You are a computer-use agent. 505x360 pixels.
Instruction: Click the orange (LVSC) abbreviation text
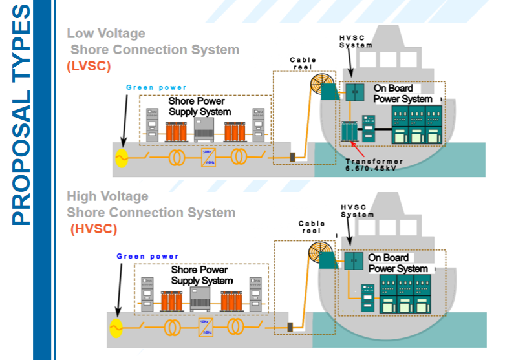[89, 66]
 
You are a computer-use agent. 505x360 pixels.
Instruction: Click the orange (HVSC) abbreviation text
[93, 229]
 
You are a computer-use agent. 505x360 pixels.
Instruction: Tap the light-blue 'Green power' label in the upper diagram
[156, 87]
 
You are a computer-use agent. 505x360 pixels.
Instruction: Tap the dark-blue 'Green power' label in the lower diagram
[147, 257]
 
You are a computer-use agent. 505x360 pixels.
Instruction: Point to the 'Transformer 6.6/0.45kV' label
[374, 165]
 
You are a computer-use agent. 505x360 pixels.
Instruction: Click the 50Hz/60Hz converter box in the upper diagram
[208, 158]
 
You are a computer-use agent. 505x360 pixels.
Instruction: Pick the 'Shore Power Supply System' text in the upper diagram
[197, 107]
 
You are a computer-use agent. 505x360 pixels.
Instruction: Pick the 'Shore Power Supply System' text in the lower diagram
[201, 275]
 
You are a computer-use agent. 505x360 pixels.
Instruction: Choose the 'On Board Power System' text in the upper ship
[402, 94]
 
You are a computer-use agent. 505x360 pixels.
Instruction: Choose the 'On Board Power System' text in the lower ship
[398, 263]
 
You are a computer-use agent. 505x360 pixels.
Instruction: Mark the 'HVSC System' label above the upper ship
[356, 41]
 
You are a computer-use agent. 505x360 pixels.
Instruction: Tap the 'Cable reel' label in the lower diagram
[311, 227]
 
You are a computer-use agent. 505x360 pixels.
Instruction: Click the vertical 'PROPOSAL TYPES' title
[21, 116]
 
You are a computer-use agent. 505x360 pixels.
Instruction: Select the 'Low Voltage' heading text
[106, 34]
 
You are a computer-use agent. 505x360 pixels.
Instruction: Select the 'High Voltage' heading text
[107, 196]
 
